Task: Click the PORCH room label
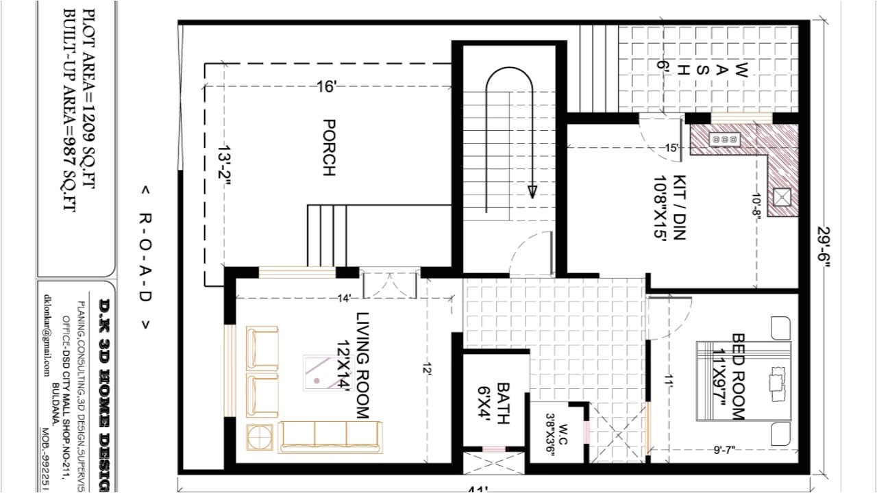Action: pos(328,148)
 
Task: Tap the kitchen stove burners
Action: pos(725,139)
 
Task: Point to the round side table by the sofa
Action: pos(260,436)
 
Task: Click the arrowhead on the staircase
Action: pos(532,191)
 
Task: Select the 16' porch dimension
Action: pos(326,87)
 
